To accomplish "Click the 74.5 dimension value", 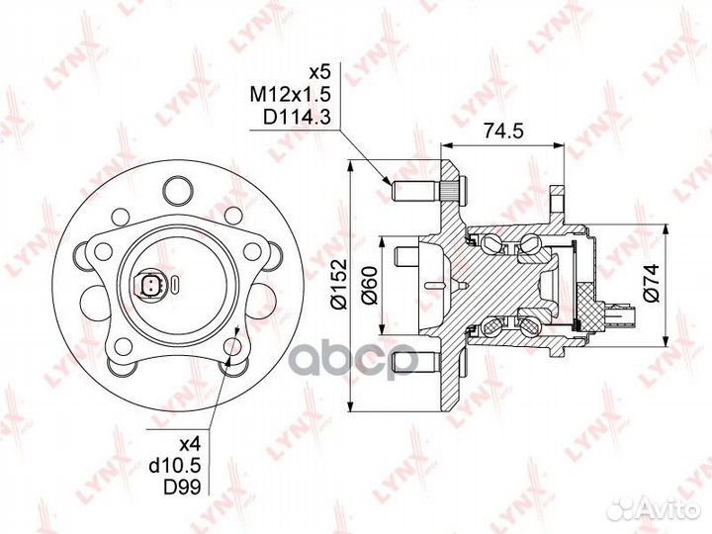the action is pos(503,131).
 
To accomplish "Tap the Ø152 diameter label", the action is pos(339,285).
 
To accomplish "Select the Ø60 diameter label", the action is pos(369,286).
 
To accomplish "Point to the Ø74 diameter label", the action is pos(651,283).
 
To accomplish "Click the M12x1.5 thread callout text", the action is pos(290,95).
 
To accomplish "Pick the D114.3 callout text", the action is pos(296,118).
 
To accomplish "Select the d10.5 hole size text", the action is pos(175,465).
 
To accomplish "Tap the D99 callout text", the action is pos(182,488).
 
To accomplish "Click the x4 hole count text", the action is pos(190,443).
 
